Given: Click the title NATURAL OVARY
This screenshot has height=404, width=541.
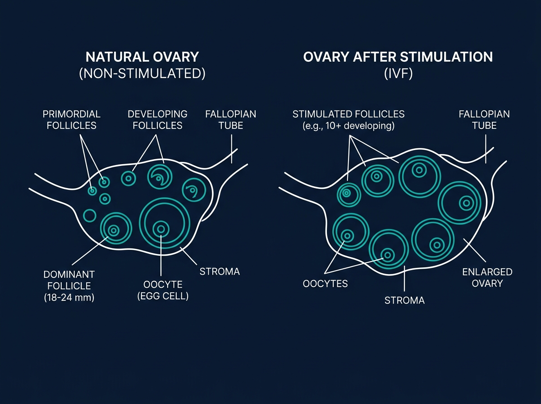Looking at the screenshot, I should click(142, 58).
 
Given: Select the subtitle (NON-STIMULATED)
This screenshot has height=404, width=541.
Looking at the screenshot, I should click(142, 73).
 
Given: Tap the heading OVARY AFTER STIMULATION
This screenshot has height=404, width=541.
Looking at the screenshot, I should click(398, 58).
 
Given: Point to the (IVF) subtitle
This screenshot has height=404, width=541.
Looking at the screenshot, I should click(398, 73).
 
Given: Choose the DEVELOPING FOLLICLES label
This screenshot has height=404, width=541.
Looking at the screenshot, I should click(157, 119).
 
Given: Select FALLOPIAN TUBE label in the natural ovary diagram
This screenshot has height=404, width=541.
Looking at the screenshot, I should click(230, 119).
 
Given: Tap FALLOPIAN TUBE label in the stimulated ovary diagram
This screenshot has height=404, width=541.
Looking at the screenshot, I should click(484, 119).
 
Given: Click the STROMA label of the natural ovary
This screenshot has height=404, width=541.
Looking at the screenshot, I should click(219, 271).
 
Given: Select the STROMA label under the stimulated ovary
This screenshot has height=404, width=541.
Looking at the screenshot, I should click(404, 300).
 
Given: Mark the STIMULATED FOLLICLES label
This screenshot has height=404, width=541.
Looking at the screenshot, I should click(348, 114).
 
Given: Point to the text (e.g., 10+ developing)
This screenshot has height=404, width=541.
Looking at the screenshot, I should click(348, 126).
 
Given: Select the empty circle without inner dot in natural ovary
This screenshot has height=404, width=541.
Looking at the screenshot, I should click(90, 216).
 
